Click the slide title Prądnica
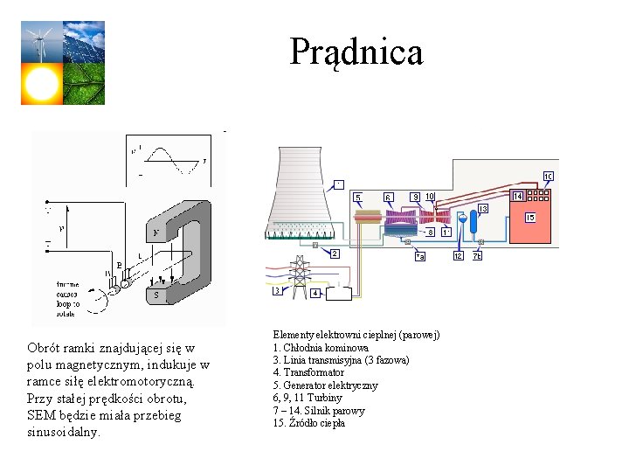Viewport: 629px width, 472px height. point(356,52)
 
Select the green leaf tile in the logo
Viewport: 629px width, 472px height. point(84,84)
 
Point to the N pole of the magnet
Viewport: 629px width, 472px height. point(156,233)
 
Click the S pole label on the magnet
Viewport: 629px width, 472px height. point(156,295)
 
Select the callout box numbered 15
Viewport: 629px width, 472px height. point(529,217)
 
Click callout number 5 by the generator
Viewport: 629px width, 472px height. point(357,197)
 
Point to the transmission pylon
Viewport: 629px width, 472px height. point(299,274)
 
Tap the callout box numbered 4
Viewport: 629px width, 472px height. point(315,294)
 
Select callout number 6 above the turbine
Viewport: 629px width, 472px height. point(389,197)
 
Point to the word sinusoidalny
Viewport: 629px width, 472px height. point(64,432)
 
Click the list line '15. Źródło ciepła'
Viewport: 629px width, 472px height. point(308,423)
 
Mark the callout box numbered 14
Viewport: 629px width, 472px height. point(518,196)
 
